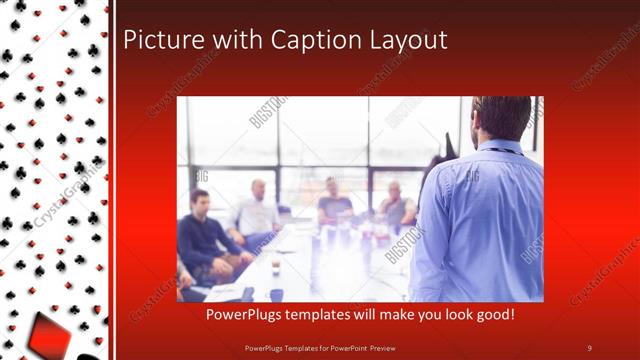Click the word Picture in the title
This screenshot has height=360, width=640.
[x=156, y=40]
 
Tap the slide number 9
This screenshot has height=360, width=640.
[x=589, y=347]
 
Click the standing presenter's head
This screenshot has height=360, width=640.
[x=501, y=117]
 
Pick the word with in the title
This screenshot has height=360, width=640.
[x=224, y=40]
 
